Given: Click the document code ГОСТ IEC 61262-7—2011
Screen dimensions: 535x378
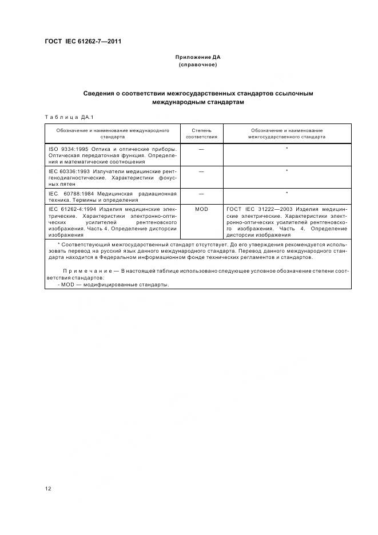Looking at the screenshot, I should [x=83, y=42].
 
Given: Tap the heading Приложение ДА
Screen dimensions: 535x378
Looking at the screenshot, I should [x=197, y=57].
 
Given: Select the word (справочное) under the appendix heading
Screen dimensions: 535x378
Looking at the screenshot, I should [x=197, y=65].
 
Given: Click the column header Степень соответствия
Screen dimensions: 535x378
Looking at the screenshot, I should [x=201, y=134].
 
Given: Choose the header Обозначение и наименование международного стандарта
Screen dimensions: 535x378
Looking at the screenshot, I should [x=112, y=134].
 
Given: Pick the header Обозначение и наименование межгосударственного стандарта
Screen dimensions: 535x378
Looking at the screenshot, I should [x=287, y=134].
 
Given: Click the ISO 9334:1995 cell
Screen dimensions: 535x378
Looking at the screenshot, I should [x=112, y=154].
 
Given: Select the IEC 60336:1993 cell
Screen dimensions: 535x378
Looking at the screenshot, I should [x=112, y=177].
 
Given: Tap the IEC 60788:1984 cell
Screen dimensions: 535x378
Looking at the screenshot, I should [x=112, y=197].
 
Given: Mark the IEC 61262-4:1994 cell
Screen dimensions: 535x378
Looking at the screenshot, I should [x=112, y=222].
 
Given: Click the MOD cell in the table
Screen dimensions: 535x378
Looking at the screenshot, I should [x=201, y=209].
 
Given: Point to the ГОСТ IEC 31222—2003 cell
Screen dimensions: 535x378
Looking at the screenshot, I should [x=287, y=222].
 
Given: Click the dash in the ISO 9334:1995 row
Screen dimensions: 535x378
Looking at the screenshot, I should [x=201, y=149].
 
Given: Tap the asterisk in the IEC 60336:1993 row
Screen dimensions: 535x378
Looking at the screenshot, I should [x=287, y=171].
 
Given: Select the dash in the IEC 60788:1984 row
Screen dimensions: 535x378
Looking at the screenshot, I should [x=201, y=193].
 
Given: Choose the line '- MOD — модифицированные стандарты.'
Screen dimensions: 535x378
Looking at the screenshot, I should [x=114, y=285].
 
